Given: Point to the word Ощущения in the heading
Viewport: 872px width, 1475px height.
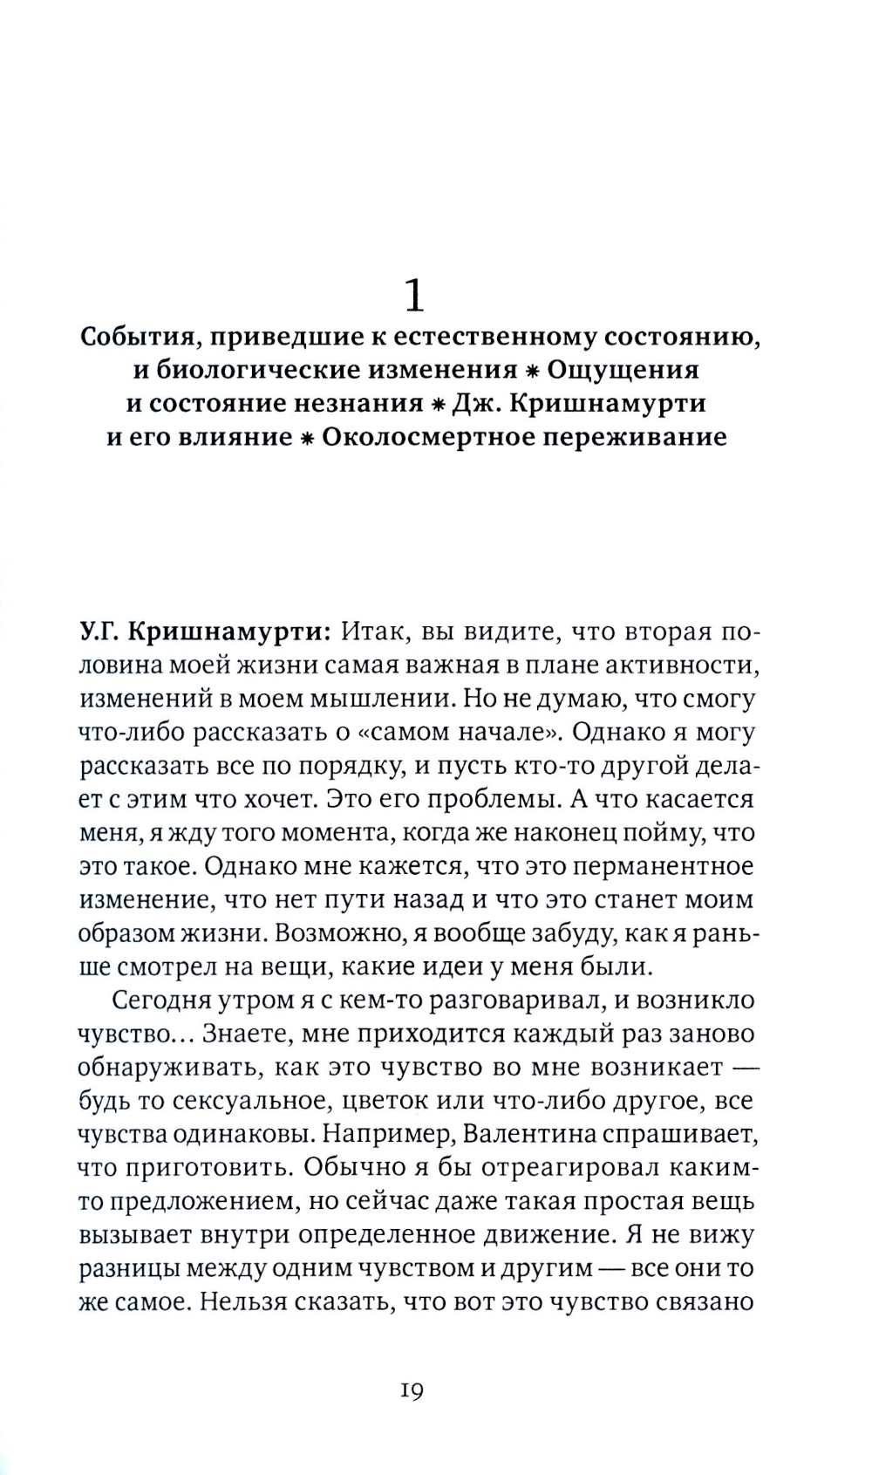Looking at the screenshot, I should coord(623,370).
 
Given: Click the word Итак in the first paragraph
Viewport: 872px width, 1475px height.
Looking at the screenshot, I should coord(370,632).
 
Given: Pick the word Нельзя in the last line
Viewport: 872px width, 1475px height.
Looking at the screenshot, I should coord(246,1301).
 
